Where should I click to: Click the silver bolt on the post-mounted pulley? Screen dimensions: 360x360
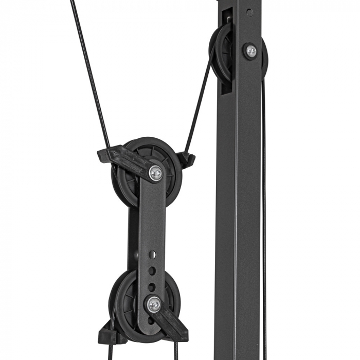[x=251, y=50]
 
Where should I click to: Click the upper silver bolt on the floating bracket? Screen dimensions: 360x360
[x=156, y=174]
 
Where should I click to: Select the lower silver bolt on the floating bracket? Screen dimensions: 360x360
[x=154, y=304]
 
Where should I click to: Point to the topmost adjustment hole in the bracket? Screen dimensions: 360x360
[x=152, y=254]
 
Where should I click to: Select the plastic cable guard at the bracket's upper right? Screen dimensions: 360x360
[x=186, y=159]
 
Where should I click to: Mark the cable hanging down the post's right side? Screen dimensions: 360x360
[x=264, y=206]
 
